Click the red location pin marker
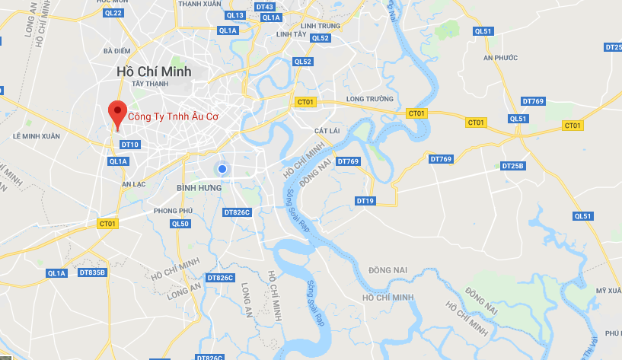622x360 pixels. [116, 113]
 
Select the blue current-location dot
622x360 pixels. [222, 169]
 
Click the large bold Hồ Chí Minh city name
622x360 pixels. [154, 71]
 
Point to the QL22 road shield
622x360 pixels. [113, 12]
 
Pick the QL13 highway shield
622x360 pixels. [235, 15]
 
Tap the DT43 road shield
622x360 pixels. [264, 7]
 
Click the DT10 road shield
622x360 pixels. [129, 145]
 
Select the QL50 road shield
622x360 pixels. [180, 224]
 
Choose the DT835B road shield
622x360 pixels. [93, 272]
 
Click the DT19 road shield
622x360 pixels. [365, 201]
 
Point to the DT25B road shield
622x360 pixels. [513, 166]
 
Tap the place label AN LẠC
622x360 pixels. [133, 183]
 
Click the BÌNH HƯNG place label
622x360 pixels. [199, 187]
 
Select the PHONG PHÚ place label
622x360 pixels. [173, 210]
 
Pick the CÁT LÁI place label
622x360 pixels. [326, 131]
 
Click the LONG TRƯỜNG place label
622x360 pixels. [369, 99]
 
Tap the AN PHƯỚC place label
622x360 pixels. [500, 58]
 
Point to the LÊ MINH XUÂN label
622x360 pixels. [36, 136]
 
